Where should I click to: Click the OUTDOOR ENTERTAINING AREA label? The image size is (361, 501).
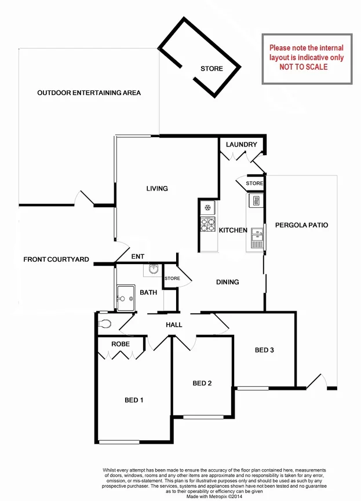(89, 93)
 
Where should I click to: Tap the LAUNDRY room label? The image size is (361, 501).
(242, 144)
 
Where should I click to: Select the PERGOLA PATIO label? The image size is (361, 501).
(301, 225)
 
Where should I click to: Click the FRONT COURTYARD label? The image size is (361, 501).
(56, 259)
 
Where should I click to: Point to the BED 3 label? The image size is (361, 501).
(264, 350)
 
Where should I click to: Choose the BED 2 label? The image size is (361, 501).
(202, 383)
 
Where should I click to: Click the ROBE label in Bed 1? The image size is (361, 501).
(121, 344)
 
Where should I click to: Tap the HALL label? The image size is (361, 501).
(174, 325)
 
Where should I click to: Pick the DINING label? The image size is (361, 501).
(227, 282)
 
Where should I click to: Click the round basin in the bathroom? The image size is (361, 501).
(153, 269)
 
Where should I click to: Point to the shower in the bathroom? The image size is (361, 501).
(125, 298)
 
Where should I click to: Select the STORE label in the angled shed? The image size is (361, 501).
(212, 69)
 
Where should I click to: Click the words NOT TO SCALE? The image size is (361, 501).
(304, 67)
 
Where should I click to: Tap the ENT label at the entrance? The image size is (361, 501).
(138, 257)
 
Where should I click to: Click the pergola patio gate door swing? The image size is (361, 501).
(316, 381)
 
